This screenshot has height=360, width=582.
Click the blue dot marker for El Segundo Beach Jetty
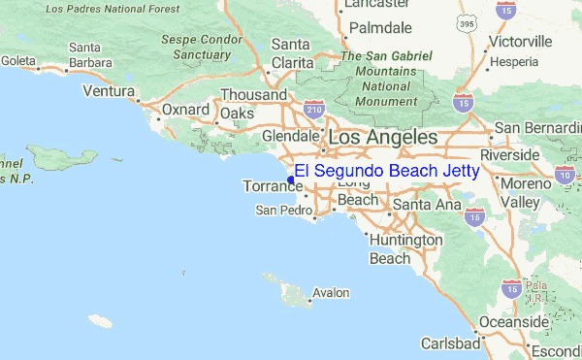(291, 179)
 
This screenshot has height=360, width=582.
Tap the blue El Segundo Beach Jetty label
(387, 171)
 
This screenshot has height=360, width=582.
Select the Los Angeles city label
(383, 138)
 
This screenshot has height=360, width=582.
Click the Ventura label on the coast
(108, 91)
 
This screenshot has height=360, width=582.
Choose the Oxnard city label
(186, 110)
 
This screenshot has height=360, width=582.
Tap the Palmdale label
(380, 27)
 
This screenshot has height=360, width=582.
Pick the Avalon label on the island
(331, 292)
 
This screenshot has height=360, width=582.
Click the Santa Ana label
(426, 205)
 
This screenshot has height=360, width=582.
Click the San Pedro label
(284, 210)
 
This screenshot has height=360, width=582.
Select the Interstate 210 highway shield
(313, 111)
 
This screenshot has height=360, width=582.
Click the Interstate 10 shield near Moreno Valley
(564, 176)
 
